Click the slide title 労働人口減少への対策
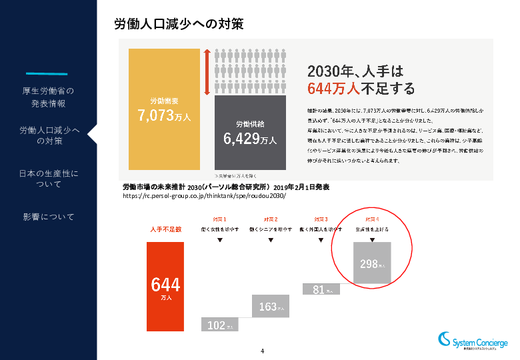tap(179, 24)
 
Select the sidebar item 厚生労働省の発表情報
tap(48, 97)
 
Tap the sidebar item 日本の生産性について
tap(48, 179)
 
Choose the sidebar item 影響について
tap(48, 217)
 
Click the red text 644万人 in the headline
tap(333, 89)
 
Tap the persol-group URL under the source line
tap(205, 197)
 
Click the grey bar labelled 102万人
tap(219, 325)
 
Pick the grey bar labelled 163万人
tap(270, 306)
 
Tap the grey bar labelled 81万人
tap(321, 289)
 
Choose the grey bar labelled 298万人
tap(373, 263)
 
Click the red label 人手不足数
tap(165, 229)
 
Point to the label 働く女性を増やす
tap(220, 229)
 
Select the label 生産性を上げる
tap(373, 229)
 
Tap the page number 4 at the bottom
tap(263, 351)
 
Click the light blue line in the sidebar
tap(47, 73)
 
